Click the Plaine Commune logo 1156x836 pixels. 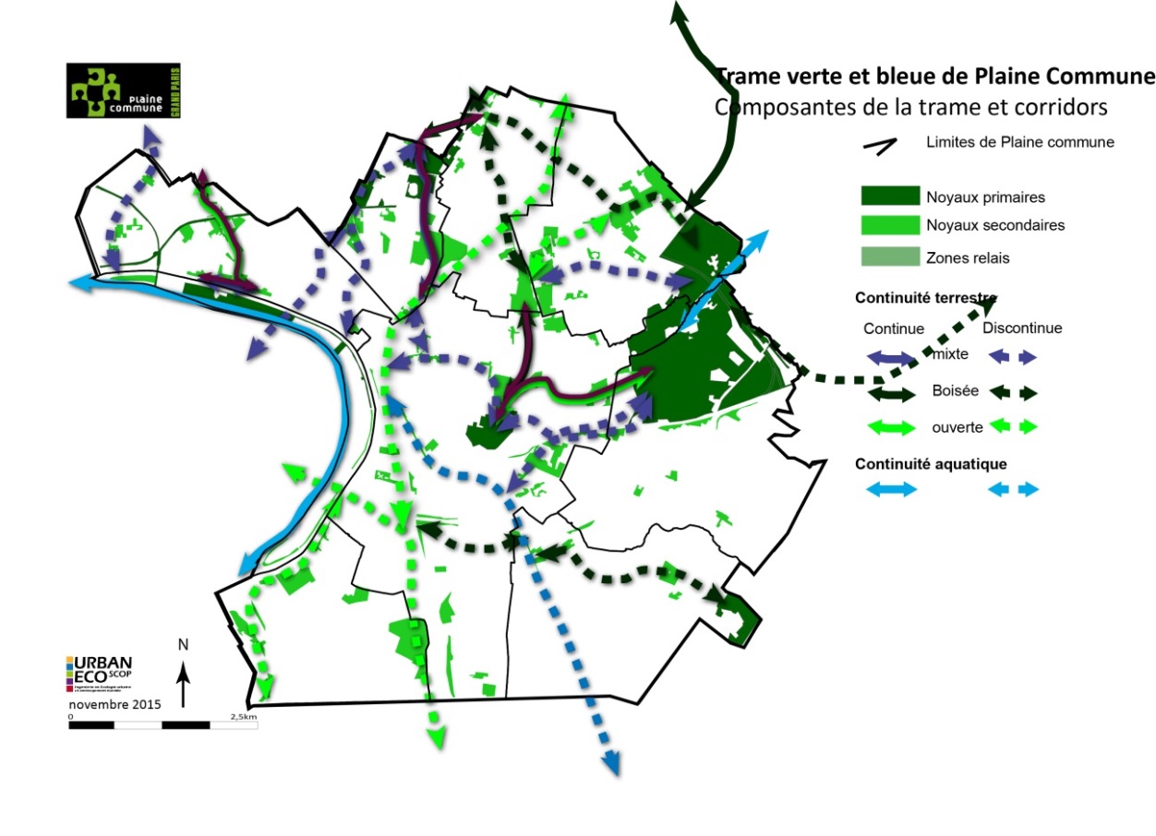(x=124, y=91)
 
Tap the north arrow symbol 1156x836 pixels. (x=184, y=671)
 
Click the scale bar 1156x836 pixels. (x=163, y=724)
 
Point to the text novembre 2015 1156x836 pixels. (x=115, y=704)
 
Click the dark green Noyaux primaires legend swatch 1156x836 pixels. (x=890, y=196)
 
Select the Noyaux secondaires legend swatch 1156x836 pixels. (x=890, y=225)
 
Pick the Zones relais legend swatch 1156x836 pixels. (x=890, y=257)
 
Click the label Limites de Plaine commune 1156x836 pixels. (x=1020, y=142)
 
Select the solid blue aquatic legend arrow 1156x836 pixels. (x=890, y=490)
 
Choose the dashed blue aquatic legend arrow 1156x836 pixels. (x=1014, y=490)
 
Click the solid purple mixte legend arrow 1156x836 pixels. (x=890, y=357)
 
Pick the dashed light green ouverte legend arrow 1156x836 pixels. (x=1014, y=426)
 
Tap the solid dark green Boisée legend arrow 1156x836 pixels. (x=890, y=393)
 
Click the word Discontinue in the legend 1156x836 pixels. (x=1022, y=328)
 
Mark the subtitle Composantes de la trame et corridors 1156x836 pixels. (x=910, y=107)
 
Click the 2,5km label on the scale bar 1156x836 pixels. (x=244, y=716)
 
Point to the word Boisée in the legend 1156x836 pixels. (x=953, y=390)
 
